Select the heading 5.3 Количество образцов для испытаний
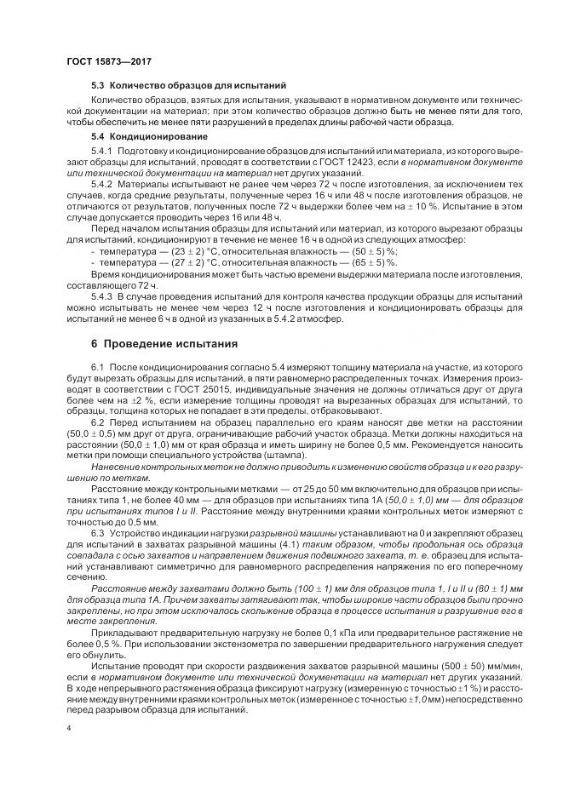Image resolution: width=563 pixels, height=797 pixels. click(188, 86)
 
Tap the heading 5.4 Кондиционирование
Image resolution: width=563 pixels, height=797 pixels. click(149, 136)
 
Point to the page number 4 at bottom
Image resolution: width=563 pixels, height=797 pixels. click(68, 728)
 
